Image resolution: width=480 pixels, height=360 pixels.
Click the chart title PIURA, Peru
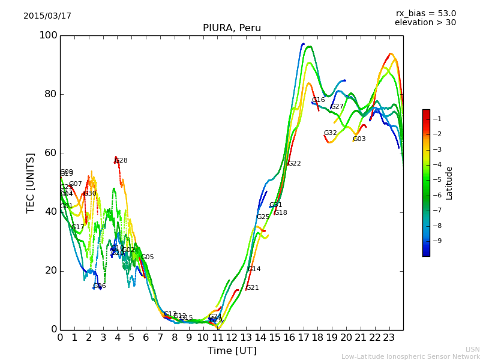pos(232,28)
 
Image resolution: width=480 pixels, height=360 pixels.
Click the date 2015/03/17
pos(47,16)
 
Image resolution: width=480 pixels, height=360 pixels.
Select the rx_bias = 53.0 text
pos(425,14)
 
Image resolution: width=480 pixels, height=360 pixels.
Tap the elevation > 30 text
pos(425,23)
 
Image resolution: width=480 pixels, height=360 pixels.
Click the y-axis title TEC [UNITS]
pos(31,182)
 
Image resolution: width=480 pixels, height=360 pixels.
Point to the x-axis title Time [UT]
pos(232,351)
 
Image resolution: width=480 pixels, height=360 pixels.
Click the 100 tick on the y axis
pos(48,35)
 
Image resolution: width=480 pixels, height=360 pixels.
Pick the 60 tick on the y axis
pos(50,153)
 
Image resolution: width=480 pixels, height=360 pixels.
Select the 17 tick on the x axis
pos(303,338)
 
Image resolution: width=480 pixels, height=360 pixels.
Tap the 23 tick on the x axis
pos(389,338)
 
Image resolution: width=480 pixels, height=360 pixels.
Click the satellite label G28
pos(121,161)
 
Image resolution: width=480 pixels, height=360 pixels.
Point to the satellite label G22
pos(294,164)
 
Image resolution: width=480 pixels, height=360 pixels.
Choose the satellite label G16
pos(318,100)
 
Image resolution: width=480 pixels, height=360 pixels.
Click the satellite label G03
pos(359,139)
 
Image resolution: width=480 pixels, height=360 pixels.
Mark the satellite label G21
pos(252,288)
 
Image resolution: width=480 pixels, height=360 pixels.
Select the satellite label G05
pos(147,257)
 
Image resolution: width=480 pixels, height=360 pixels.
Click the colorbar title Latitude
pos(449,182)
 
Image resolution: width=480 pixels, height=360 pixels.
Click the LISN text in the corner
pos(472,349)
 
